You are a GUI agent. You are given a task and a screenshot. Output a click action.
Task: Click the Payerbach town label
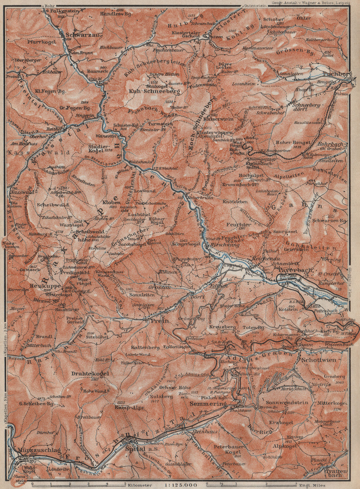pyautogui.click(x=290, y=270)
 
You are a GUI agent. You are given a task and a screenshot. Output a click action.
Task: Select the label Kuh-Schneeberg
pyautogui.click(x=151, y=91)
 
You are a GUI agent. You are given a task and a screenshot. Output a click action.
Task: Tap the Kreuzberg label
pyautogui.click(x=223, y=327)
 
